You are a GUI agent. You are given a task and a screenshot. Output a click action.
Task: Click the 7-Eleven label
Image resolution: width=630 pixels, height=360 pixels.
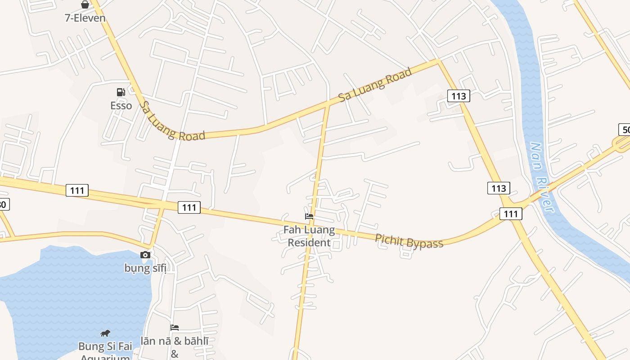85,18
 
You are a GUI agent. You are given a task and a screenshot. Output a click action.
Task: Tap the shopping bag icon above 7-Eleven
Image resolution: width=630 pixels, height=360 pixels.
85,5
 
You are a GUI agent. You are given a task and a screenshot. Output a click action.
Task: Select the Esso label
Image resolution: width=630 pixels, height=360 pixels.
121,105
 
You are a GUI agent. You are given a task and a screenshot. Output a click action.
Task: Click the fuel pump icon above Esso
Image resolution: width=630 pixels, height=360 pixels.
121,92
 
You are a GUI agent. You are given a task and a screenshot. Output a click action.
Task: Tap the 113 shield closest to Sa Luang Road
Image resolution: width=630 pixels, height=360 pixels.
459,95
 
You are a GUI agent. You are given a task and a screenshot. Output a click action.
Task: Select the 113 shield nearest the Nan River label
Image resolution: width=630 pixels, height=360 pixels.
499,188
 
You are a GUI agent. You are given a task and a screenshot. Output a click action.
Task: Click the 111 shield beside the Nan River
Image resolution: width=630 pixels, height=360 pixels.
511,214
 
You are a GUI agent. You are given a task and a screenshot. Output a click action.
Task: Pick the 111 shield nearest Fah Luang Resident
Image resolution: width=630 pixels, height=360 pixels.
189,207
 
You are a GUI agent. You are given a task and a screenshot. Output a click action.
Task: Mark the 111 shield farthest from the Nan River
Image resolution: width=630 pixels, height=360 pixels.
77,190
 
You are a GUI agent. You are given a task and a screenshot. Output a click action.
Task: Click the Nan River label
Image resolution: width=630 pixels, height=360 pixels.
541,177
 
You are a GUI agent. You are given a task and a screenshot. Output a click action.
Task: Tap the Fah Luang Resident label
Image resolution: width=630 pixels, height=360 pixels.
309,236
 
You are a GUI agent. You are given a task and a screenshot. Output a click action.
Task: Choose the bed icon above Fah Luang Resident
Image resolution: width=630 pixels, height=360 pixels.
309,216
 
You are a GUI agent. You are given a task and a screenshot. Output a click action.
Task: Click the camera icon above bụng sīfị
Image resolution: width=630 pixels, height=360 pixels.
145,255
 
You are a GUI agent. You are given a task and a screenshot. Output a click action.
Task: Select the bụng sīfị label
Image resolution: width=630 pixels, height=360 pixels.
145,268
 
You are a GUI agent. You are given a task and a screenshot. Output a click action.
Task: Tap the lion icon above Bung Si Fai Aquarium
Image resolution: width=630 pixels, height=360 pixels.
105,333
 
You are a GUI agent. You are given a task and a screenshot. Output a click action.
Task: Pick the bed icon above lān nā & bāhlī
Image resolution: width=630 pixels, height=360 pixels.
175,328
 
